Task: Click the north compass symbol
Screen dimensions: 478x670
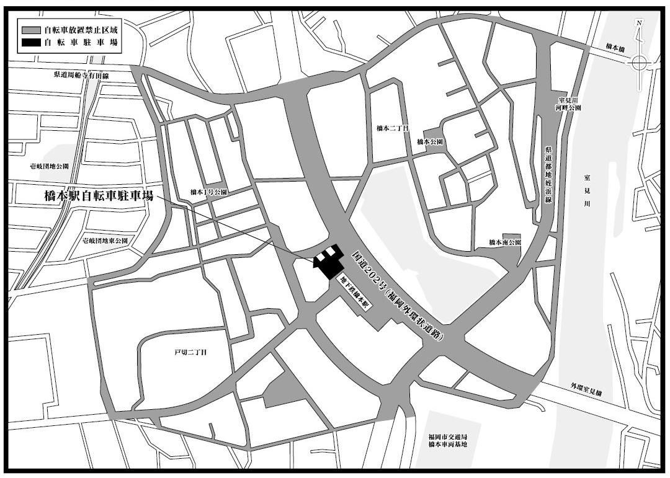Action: click(x=640, y=61)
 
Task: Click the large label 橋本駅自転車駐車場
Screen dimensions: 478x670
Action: click(x=99, y=197)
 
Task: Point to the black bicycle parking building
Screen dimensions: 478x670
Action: click(x=330, y=264)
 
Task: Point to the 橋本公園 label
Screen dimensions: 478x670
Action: click(x=430, y=142)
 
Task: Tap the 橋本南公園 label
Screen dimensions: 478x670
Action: click(x=504, y=242)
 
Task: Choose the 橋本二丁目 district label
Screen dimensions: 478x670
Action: click(x=393, y=128)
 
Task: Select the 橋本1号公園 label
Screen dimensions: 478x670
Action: click(x=208, y=192)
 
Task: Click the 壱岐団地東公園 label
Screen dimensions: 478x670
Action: click(x=104, y=240)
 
